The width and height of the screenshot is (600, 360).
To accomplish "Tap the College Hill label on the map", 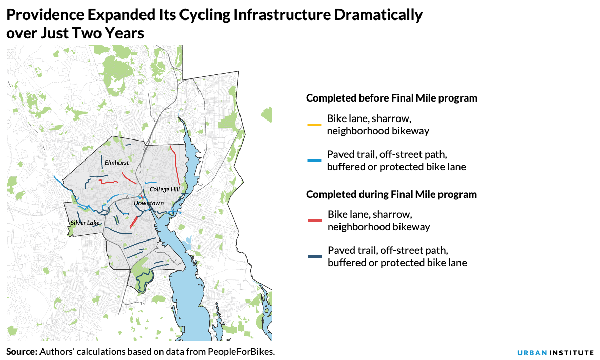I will (165, 189).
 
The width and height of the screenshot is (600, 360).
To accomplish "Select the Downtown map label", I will (149, 203).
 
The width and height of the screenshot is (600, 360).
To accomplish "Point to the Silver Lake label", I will (85, 223).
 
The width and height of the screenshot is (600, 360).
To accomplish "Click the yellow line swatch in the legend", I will (314, 125).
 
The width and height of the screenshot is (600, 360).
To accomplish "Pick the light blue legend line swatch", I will (314, 161).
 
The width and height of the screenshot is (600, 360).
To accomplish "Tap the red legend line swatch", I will (314, 221).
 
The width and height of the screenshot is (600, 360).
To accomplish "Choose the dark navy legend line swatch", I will (314, 256).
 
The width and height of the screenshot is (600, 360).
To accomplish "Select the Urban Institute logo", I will (555, 353).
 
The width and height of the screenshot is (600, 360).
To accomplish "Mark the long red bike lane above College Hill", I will (175, 164).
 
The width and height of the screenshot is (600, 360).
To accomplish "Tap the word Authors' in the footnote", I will (57, 352).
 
